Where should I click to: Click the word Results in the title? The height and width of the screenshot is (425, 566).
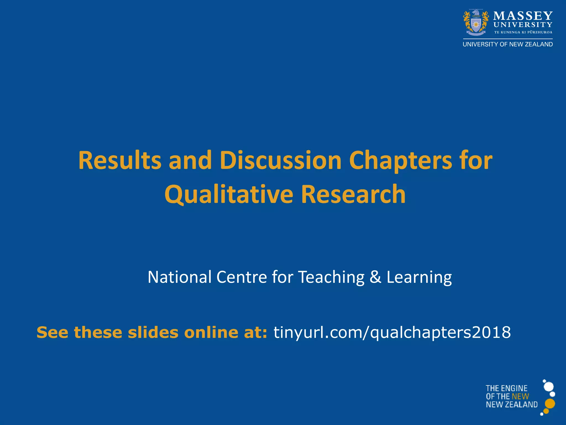coord(120,160)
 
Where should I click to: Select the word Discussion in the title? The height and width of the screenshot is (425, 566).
coord(281,160)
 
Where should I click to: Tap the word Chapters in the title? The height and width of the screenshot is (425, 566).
coord(400,161)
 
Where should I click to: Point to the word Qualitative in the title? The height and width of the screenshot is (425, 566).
coord(229,194)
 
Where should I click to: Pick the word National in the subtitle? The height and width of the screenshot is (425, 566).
coord(180,277)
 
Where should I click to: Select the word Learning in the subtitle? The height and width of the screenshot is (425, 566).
coord(419,278)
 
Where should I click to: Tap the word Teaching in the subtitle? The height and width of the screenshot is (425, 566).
coord(331,278)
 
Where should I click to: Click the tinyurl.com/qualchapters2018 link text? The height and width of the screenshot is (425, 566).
coord(392,332)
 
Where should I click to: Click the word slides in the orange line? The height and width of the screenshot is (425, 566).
coord(153,332)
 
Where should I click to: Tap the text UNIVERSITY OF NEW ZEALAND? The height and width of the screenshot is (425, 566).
coord(508,44)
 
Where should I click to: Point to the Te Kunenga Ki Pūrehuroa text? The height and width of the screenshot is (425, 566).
coord(523,32)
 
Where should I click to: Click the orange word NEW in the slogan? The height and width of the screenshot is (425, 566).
coord(520,397)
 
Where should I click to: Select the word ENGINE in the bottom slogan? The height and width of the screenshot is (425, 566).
coord(516,388)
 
